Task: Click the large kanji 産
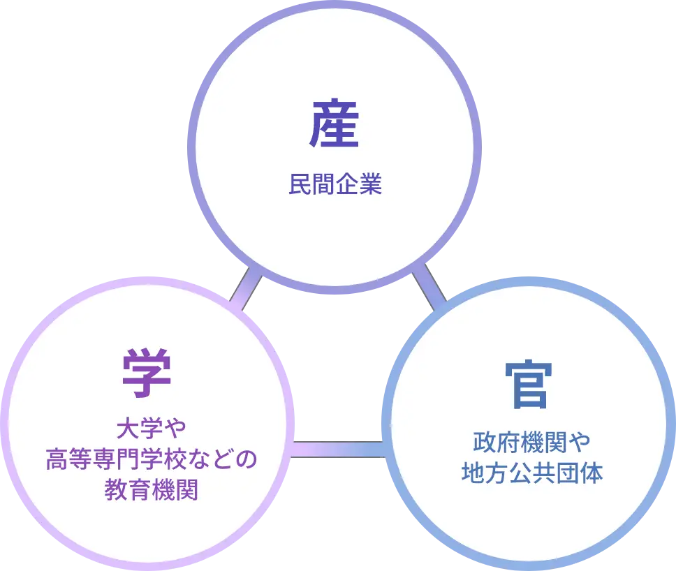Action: point(335,125)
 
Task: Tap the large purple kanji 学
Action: point(147,375)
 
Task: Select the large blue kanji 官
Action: point(529,385)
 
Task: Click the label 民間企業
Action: point(335,185)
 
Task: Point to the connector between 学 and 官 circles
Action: point(337,449)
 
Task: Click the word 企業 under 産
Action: point(359,185)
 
